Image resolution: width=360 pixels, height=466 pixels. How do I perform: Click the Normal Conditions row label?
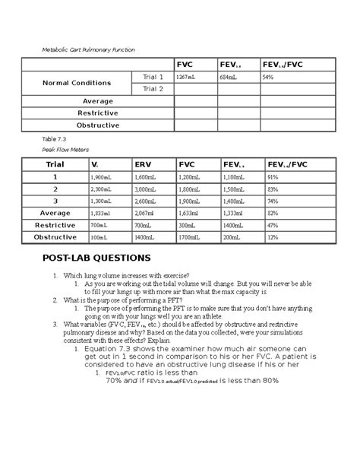(76, 83)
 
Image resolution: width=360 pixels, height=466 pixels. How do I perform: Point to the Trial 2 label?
(153, 89)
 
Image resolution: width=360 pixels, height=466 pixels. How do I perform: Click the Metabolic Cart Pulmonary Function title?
(89, 49)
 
